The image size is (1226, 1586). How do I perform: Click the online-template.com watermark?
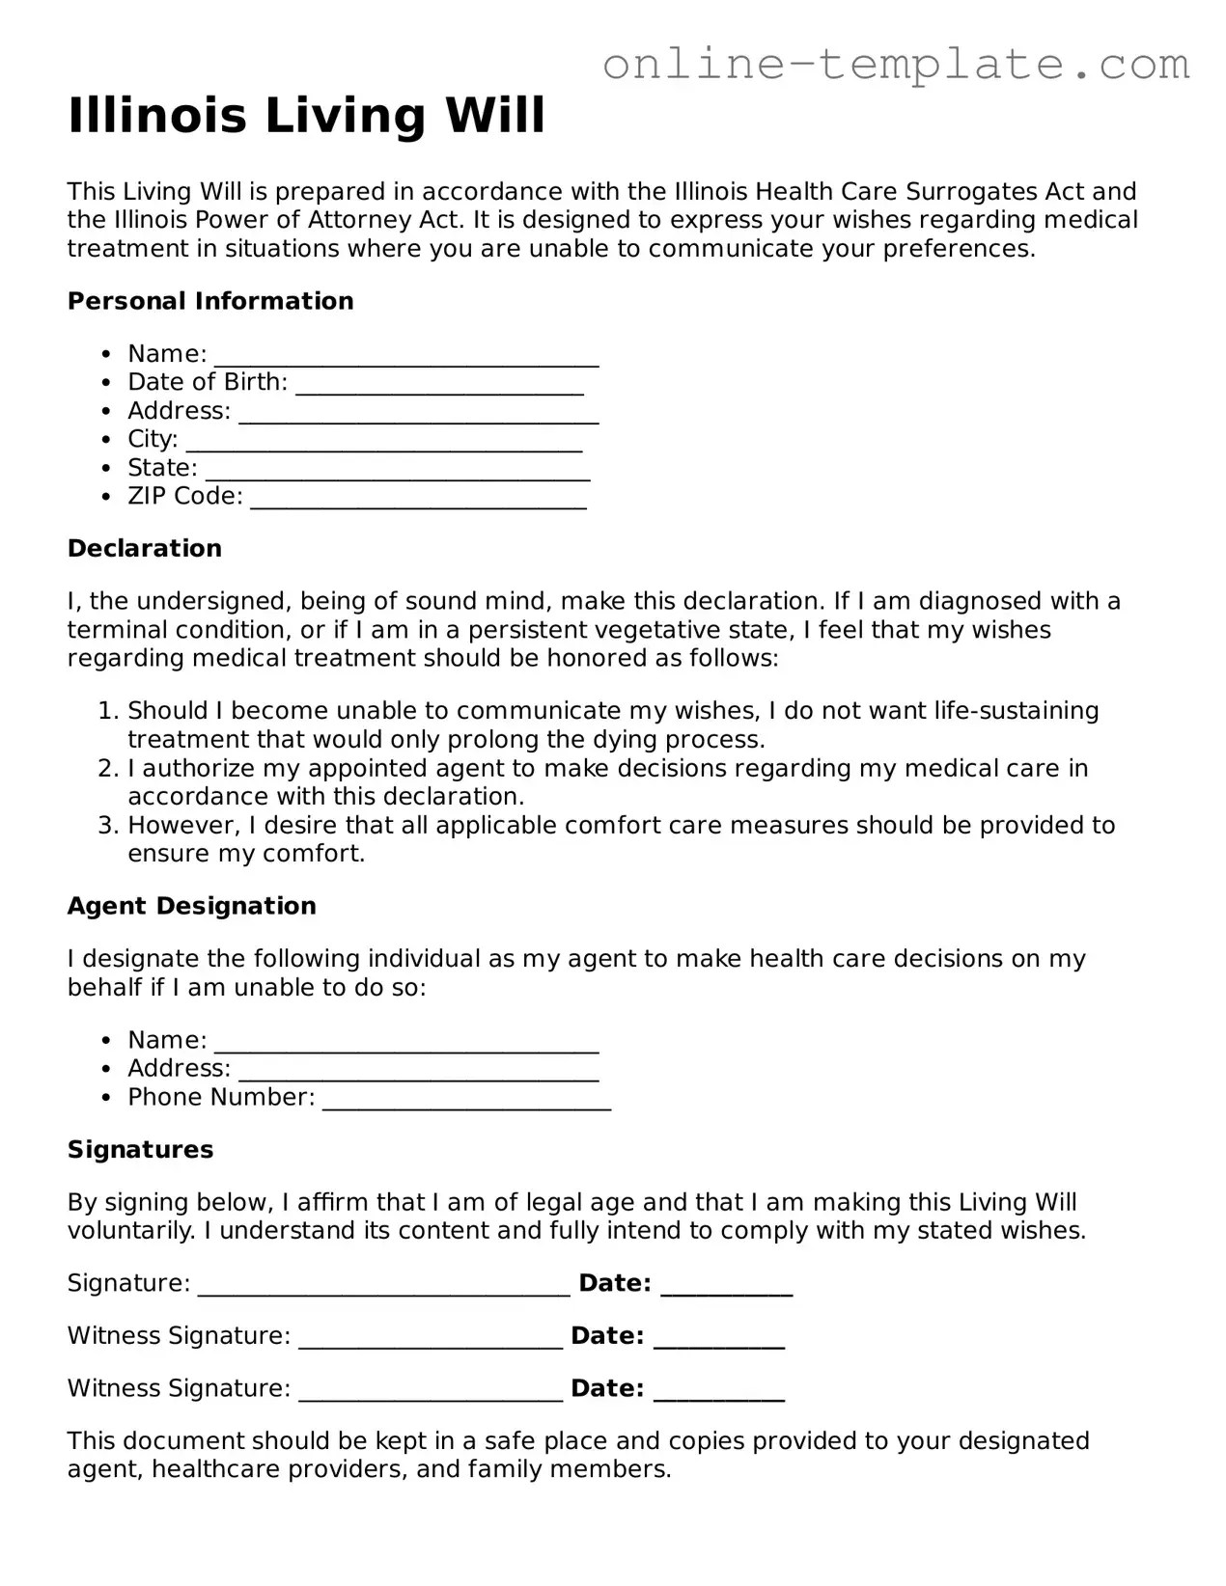(x=895, y=64)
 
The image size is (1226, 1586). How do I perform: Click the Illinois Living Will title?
(x=306, y=115)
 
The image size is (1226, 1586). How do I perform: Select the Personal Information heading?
(x=210, y=301)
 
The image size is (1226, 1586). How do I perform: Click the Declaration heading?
(x=145, y=548)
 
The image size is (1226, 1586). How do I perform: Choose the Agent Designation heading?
(x=192, y=906)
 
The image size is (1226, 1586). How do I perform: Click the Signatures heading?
(x=140, y=1149)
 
